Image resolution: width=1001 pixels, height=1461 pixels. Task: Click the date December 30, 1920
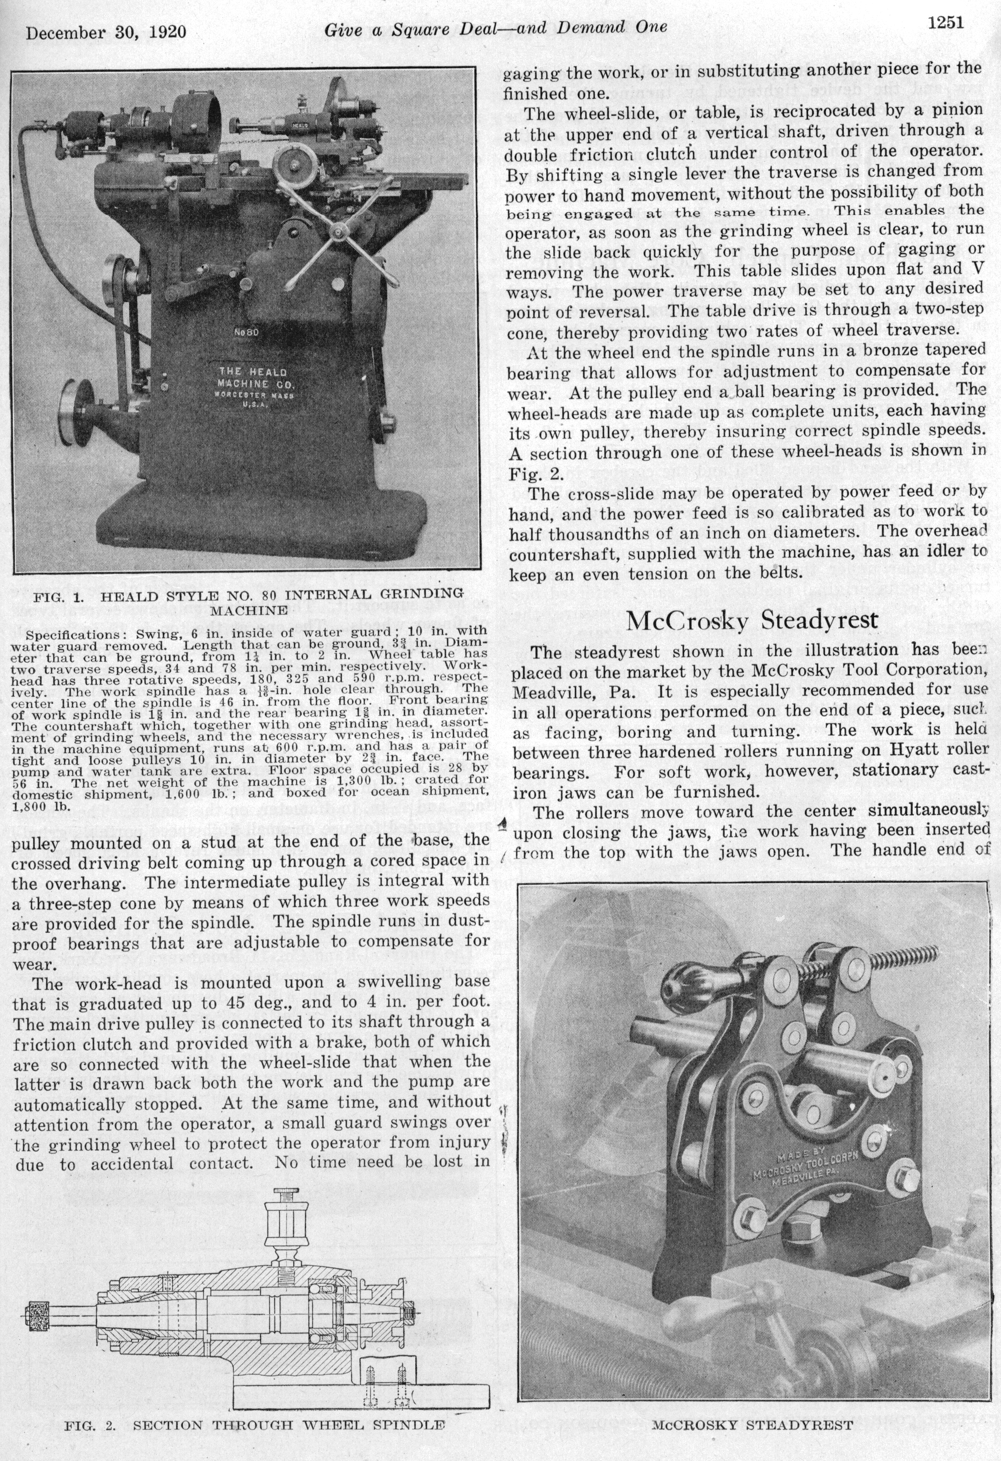point(105,32)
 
